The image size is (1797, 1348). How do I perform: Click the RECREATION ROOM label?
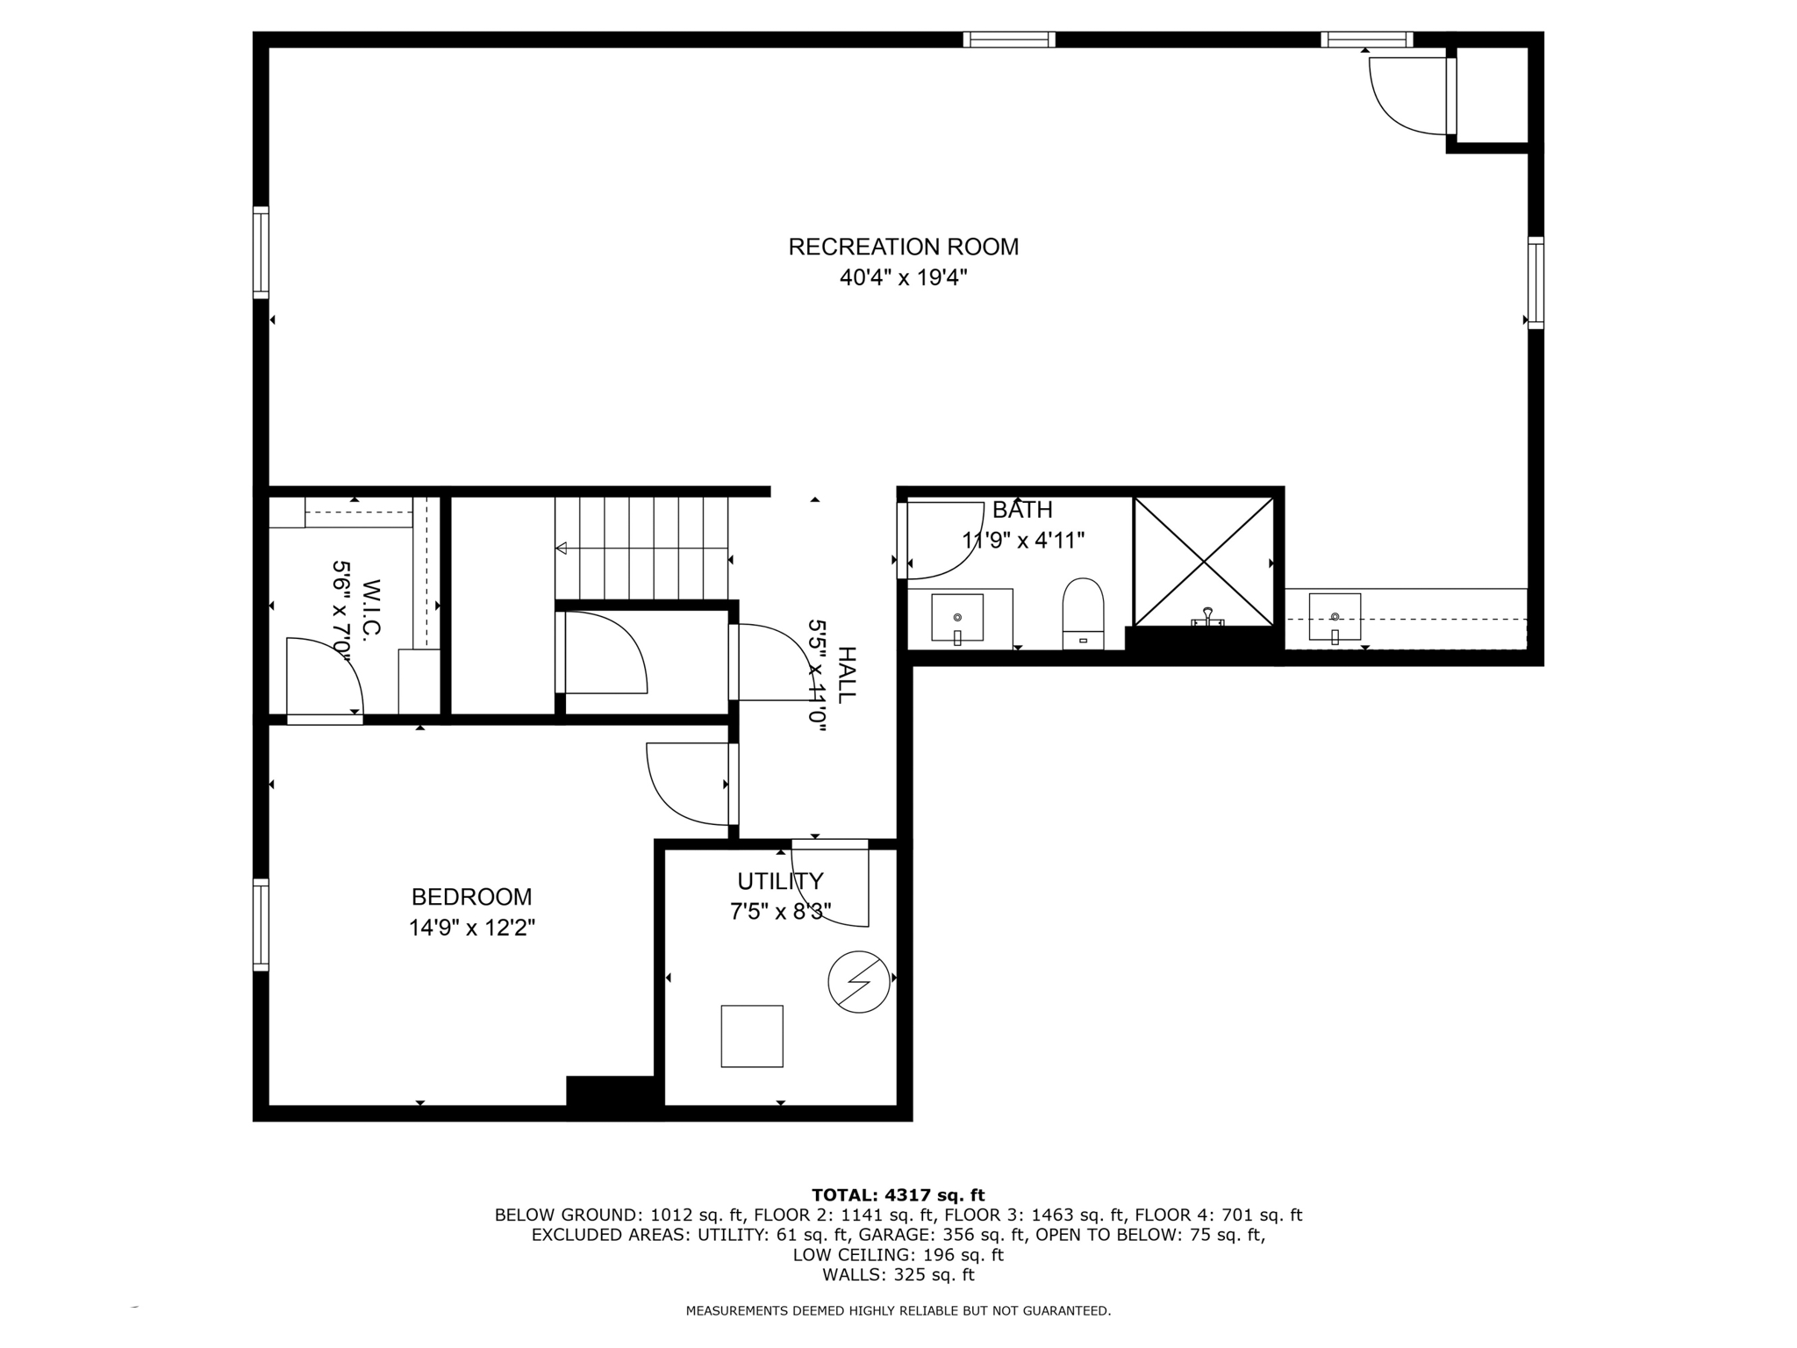pos(903,247)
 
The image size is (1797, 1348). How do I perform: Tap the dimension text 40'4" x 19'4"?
pos(903,278)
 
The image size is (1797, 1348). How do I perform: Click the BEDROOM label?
pos(471,897)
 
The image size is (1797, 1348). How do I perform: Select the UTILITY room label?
pos(780,881)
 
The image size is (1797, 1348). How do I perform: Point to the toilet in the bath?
pos(1083,612)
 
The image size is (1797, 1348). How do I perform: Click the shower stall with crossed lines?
pos(1203,561)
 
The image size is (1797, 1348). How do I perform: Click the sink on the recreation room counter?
pos(1334,617)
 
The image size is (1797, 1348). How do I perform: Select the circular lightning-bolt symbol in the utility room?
pos(859,981)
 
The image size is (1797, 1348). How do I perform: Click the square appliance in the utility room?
pos(752,1036)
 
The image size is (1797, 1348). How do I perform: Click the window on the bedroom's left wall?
pos(261,925)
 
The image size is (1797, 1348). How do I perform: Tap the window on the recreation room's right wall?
pos(1536,283)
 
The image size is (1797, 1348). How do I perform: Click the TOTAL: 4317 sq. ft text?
pos(898,1194)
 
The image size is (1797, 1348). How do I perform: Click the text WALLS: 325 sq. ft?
pos(898,1275)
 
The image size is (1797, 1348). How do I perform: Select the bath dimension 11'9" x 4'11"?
pos(1023,540)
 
